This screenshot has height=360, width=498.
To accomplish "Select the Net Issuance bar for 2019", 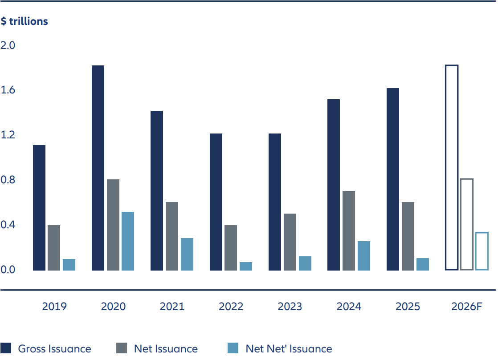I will [x=54, y=248].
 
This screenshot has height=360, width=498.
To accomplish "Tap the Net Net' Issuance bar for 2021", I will [x=187, y=254].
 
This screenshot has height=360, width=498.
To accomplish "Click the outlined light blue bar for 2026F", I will [x=482, y=251].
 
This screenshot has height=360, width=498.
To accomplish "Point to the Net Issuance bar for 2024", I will [x=349, y=231].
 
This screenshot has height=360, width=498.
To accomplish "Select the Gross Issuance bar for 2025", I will [x=393, y=179].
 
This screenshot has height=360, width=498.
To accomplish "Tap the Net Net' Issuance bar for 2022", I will [x=246, y=266].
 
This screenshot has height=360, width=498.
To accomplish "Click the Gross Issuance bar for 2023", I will [x=275, y=202].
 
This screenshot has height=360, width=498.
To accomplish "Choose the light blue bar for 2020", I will [x=128, y=241].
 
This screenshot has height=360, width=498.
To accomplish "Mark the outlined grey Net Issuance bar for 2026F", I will [x=466, y=224].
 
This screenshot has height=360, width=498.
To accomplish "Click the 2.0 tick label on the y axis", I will [x=8, y=45].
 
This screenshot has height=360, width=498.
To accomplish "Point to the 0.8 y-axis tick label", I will [x=8, y=180].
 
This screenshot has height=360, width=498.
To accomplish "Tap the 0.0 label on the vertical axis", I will [x=8, y=270].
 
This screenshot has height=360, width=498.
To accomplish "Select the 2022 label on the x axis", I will [x=231, y=307].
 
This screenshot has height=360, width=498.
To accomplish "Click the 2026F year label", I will [x=466, y=307].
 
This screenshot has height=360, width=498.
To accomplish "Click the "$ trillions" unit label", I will [x=24, y=21].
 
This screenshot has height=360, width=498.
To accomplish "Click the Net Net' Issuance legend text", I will [x=289, y=349].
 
